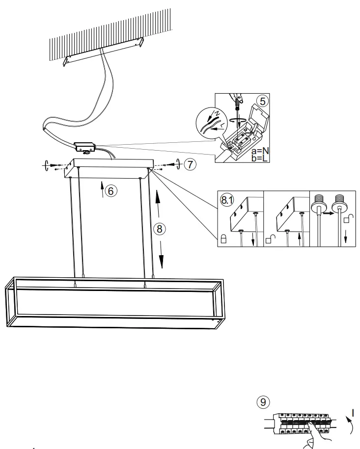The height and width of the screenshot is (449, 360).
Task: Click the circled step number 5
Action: (x=263, y=101)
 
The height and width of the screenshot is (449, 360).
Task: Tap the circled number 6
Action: (x=111, y=191)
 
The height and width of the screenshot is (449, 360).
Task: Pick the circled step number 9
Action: (x=263, y=402)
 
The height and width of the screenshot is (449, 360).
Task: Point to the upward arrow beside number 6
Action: (x=103, y=189)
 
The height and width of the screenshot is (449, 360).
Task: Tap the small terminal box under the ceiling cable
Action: (x=84, y=147)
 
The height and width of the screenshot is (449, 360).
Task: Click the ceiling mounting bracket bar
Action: (x=104, y=53)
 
